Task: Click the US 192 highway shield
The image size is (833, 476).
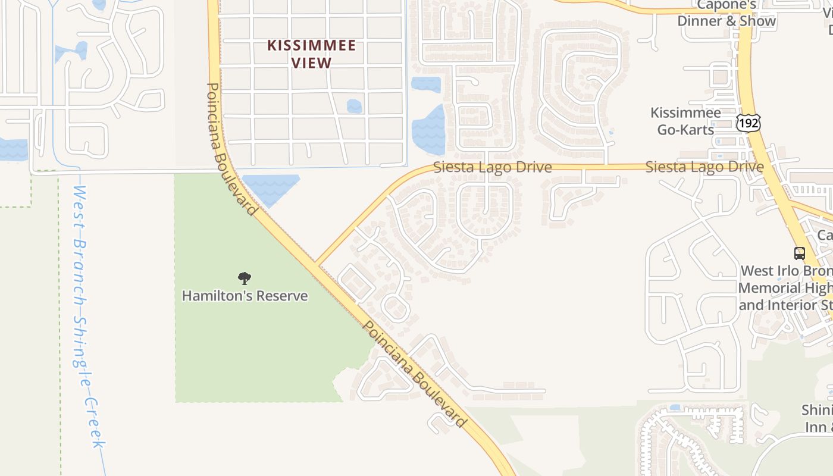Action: (x=748, y=123)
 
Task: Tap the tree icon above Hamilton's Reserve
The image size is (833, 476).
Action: (x=244, y=278)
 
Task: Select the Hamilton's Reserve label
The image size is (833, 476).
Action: (x=245, y=296)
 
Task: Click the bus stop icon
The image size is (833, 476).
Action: (x=800, y=253)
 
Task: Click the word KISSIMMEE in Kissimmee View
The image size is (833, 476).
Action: (x=311, y=46)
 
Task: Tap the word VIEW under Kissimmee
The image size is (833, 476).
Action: (x=311, y=62)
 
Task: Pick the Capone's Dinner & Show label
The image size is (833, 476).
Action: (x=726, y=13)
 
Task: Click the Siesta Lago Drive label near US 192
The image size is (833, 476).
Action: (x=704, y=167)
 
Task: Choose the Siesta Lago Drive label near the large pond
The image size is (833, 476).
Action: (x=492, y=168)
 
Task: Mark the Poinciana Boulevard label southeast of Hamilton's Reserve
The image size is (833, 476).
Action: (x=415, y=375)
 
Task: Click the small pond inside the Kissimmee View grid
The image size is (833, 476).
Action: (x=354, y=107)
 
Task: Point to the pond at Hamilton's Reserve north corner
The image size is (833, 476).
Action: (x=271, y=187)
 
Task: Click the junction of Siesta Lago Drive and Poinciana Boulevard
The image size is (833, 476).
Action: (x=317, y=265)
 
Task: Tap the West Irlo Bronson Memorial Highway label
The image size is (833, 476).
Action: (x=785, y=288)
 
